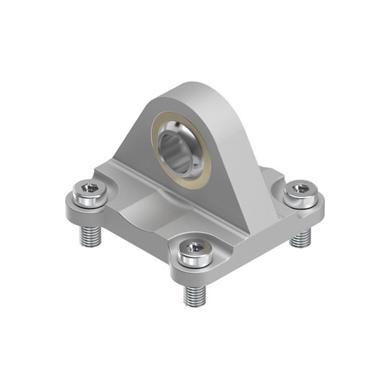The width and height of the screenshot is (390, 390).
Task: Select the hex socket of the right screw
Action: coord(300,188)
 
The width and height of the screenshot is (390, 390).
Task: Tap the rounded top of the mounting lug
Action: coord(188,91)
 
